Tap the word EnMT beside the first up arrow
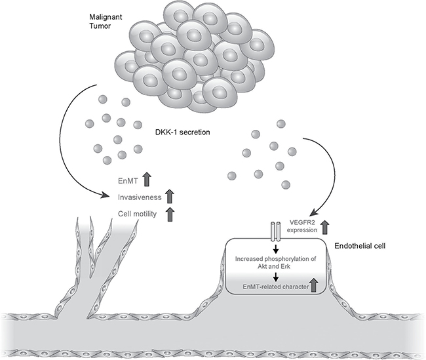tap(123, 178)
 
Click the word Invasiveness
tap(140, 195)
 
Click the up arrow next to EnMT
tap(148, 177)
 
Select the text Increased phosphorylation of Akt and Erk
tap(275, 262)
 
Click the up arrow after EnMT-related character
tap(313, 284)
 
